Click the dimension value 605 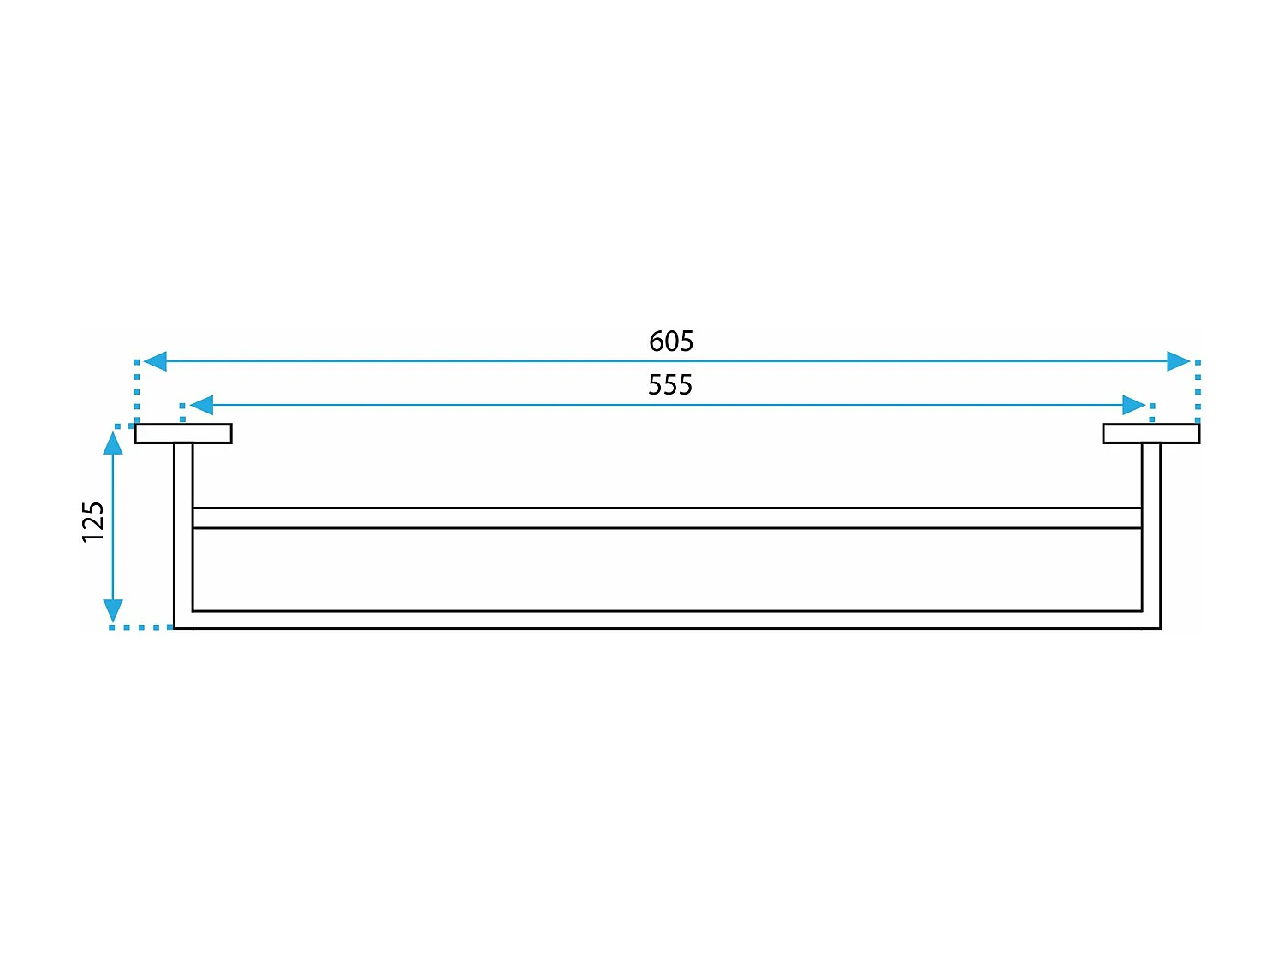[671, 342]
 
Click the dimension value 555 [670, 385]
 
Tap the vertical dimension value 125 [92, 521]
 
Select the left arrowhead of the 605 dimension [155, 361]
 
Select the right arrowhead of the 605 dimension [1179, 361]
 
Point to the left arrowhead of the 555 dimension [201, 405]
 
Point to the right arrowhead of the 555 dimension [1133, 405]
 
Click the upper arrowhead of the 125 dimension [113, 443]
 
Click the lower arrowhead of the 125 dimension [113, 609]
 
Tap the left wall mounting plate [183, 434]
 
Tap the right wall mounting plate [1151, 434]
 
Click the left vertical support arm [183, 531]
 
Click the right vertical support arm [1151, 531]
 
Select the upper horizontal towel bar [668, 518]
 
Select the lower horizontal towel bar [668, 620]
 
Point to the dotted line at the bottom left [141, 627]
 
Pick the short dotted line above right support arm [1152, 413]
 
